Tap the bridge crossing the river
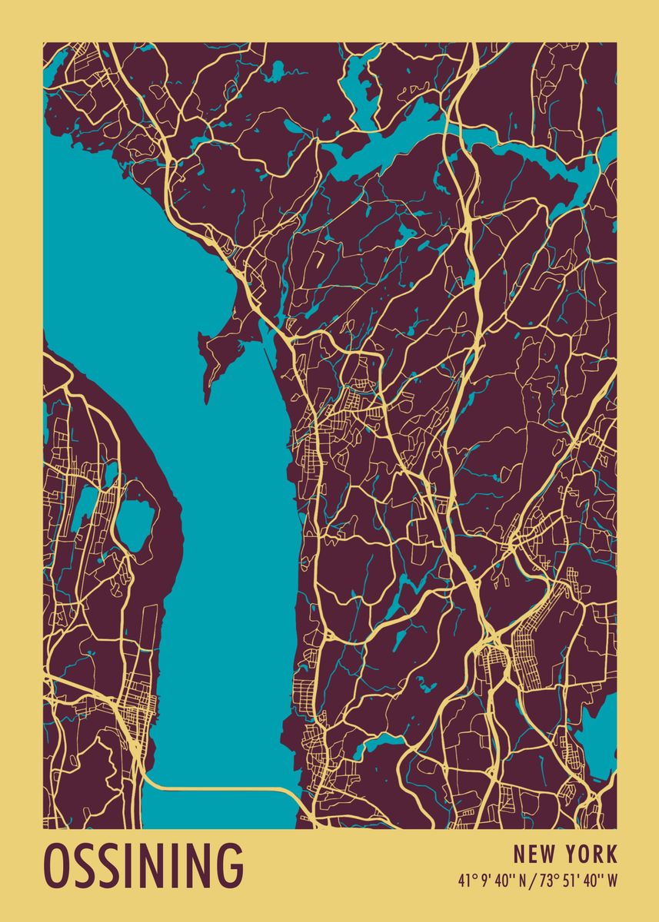pos(223,788)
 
